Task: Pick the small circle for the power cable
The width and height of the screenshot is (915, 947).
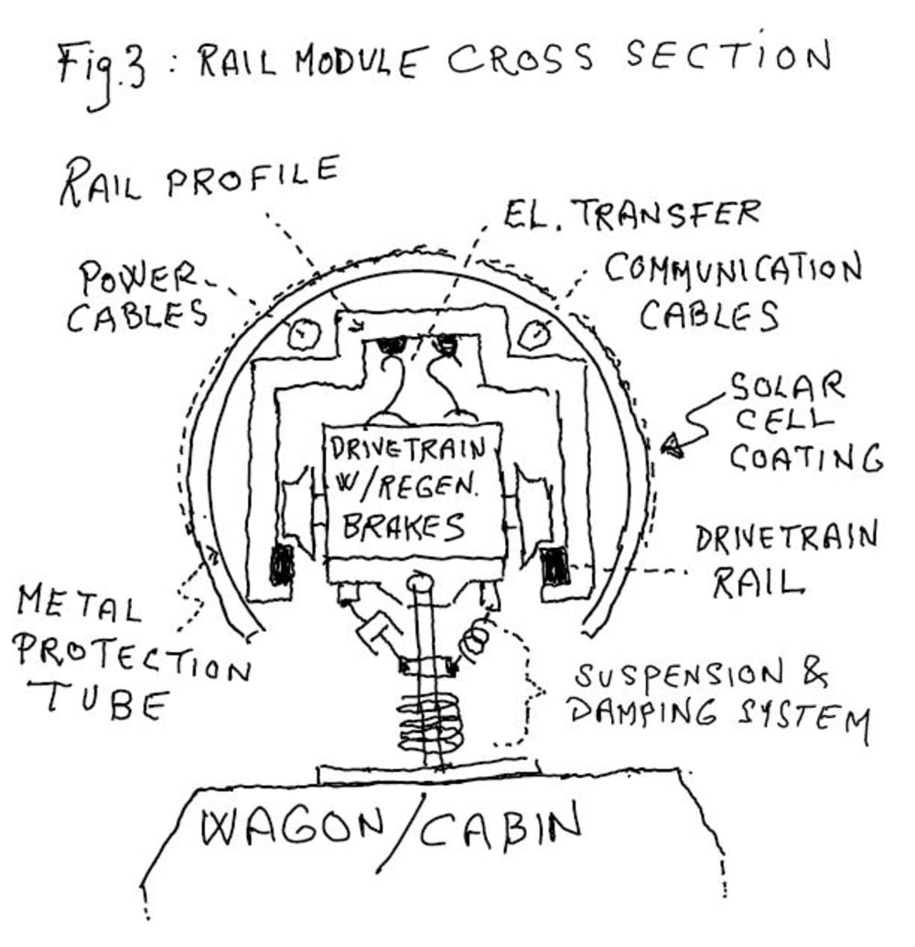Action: pos(298,334)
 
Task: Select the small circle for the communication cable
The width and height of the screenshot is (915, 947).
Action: pos(530,334)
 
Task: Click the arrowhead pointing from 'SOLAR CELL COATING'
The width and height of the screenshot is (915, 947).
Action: pos(673,445)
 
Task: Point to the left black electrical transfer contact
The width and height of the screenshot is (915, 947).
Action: pos(393,347)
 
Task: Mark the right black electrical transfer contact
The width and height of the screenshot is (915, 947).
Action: pos(447,345)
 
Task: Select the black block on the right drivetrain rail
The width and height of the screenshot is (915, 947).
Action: pos(554,567)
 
